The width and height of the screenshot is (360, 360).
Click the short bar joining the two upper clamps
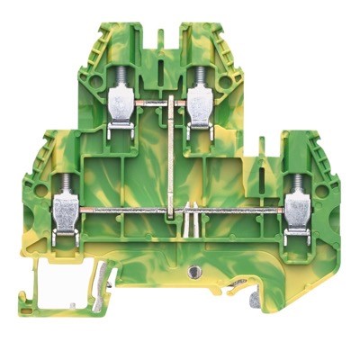click(x=158, y=112)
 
